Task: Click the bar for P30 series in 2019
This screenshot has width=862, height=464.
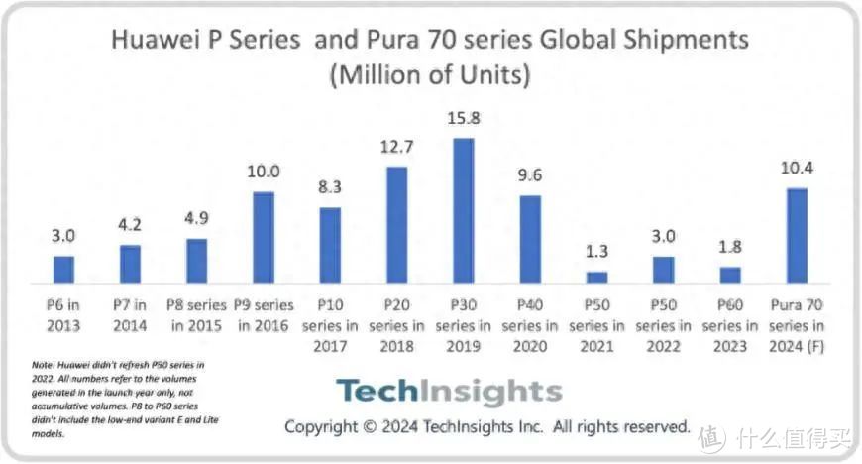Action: click(463, 210)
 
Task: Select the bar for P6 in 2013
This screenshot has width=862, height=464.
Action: click(63, 269)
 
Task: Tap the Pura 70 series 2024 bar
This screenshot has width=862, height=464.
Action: click(796, 235)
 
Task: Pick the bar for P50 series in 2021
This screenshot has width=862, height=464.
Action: click(596, 277)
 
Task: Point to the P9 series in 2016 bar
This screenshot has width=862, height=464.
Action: click(264, 237)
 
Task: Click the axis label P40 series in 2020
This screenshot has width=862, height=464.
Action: click(530, 323)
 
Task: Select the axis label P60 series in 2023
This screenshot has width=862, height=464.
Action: click(730, 323)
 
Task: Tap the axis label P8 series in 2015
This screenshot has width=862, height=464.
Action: click(196, 313)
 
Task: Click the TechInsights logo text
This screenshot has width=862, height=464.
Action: click(448, 391)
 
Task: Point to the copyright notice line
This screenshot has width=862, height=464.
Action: click(486, 426)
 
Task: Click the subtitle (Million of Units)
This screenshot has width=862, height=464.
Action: click(430, 74)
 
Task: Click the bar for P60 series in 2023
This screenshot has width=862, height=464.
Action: click(730, 275)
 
